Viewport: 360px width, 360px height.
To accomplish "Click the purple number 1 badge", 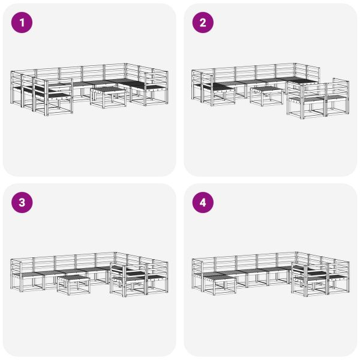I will coord(22,23).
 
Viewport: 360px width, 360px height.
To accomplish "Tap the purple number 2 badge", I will coord(202,23).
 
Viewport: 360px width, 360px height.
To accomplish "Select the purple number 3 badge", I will coord(22,203).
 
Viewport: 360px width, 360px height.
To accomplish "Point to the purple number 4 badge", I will coord(202,203).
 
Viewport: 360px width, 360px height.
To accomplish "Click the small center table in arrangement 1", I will coord(108,96).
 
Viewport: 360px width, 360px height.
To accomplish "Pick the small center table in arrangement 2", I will coord(266,95).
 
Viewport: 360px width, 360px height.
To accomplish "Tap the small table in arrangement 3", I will coord(73,283).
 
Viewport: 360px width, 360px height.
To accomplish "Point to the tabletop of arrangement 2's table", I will coord(266,89).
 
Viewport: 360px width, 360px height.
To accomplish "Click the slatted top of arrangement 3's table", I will coord(73,277).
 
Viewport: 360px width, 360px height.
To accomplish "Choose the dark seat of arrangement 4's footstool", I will coord(215,275).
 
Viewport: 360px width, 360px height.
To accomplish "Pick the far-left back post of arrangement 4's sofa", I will coord(193,268).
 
